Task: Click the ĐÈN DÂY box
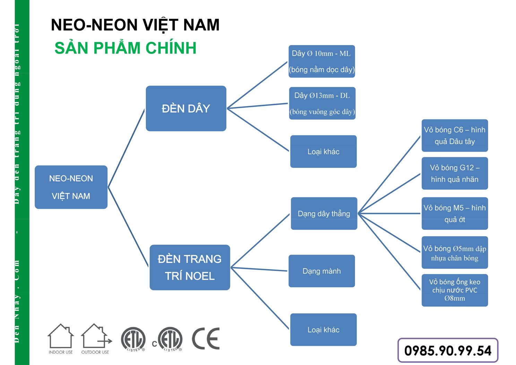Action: (x=186, y=108)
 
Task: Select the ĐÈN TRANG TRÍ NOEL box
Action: (x=190, y=267)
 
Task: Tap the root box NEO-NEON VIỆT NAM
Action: (x=71, y=187)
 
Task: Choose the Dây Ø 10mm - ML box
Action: (x=322, y=61)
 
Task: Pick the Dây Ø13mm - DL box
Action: (x=322, y=103)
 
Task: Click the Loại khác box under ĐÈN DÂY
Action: (x=323, y=152)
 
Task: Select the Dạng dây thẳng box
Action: (x=324, y=213)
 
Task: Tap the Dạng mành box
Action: (x=321, y=271)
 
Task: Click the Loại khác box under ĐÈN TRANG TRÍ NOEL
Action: (x=323, y=330)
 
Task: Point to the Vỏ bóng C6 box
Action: (x=455, y=136)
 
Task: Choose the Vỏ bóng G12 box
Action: (x=455, y=173)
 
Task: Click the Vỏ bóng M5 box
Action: (x=455, y=213)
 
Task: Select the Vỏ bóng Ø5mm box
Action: (x=455, y=253)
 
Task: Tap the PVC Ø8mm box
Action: (x=455, y=290)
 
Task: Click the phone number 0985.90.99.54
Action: (x=448, y=350)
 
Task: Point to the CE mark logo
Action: (x=206, y=338)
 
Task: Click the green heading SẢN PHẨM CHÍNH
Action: (x=126, y=48)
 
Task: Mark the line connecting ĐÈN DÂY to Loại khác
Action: (x=258, y=130)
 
